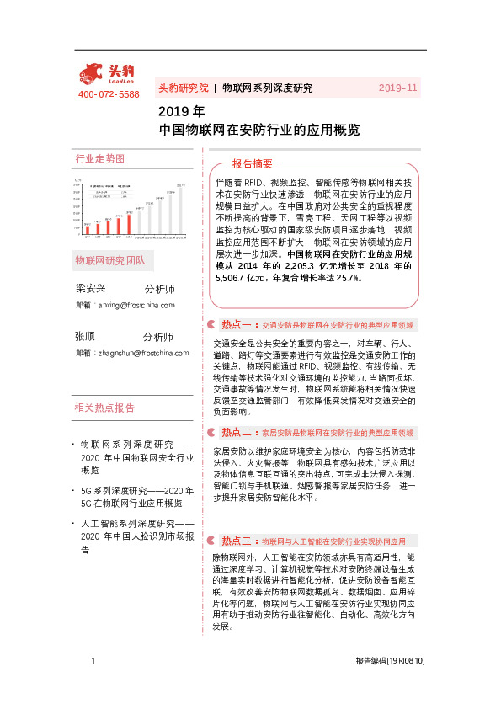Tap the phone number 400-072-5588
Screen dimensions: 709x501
(109, 94)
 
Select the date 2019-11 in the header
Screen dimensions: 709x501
(397, 88)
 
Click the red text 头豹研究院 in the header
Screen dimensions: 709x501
(183, 88)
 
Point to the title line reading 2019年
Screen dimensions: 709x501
(182, 111)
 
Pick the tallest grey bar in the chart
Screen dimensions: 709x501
(181, 208)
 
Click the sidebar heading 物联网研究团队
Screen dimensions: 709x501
(110, 259)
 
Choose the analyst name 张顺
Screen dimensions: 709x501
(85, 336)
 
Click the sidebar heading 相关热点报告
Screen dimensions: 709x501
(104, 408)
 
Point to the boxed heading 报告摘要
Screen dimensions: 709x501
(253, 163)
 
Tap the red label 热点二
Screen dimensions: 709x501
(237, 432)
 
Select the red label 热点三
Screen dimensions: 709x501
(237, 540)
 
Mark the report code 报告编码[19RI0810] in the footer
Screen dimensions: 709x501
(390, 685)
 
